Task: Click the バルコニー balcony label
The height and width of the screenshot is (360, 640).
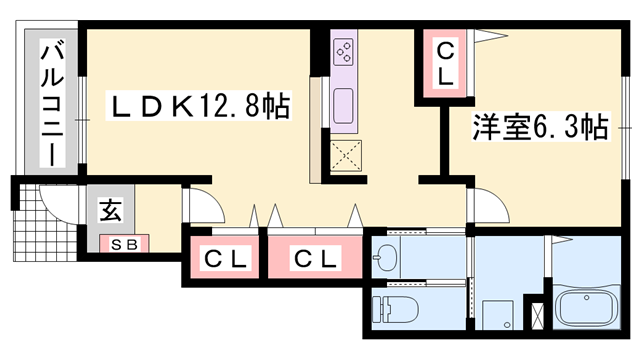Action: (x=47, y=102)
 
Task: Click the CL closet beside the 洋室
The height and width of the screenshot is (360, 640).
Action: (x=442, y=62)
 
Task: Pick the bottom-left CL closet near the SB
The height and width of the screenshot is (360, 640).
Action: (x=226, y=258)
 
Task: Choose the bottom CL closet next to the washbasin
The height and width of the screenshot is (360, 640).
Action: (x=315, y=258)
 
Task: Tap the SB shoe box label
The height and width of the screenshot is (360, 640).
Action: (x=123, y=244)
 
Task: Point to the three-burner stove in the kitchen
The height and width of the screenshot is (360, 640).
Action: (x=343, y=51)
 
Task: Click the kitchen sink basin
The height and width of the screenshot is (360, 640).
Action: (x=343, y=103)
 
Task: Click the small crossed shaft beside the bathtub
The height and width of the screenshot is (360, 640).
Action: (x=539, y=314)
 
